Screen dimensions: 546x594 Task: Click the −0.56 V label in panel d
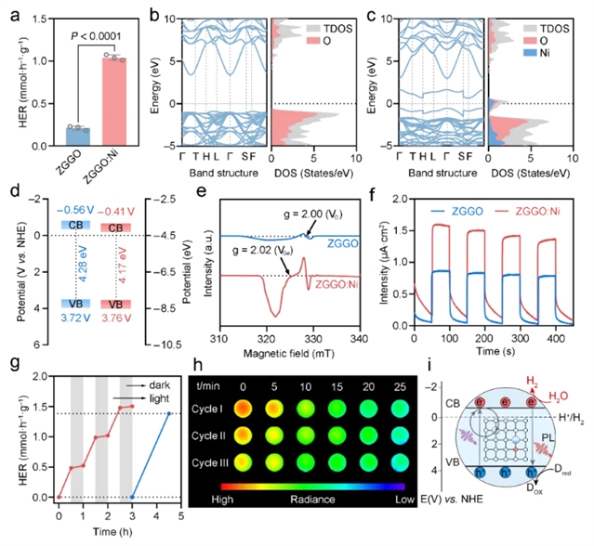click(64, 210)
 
